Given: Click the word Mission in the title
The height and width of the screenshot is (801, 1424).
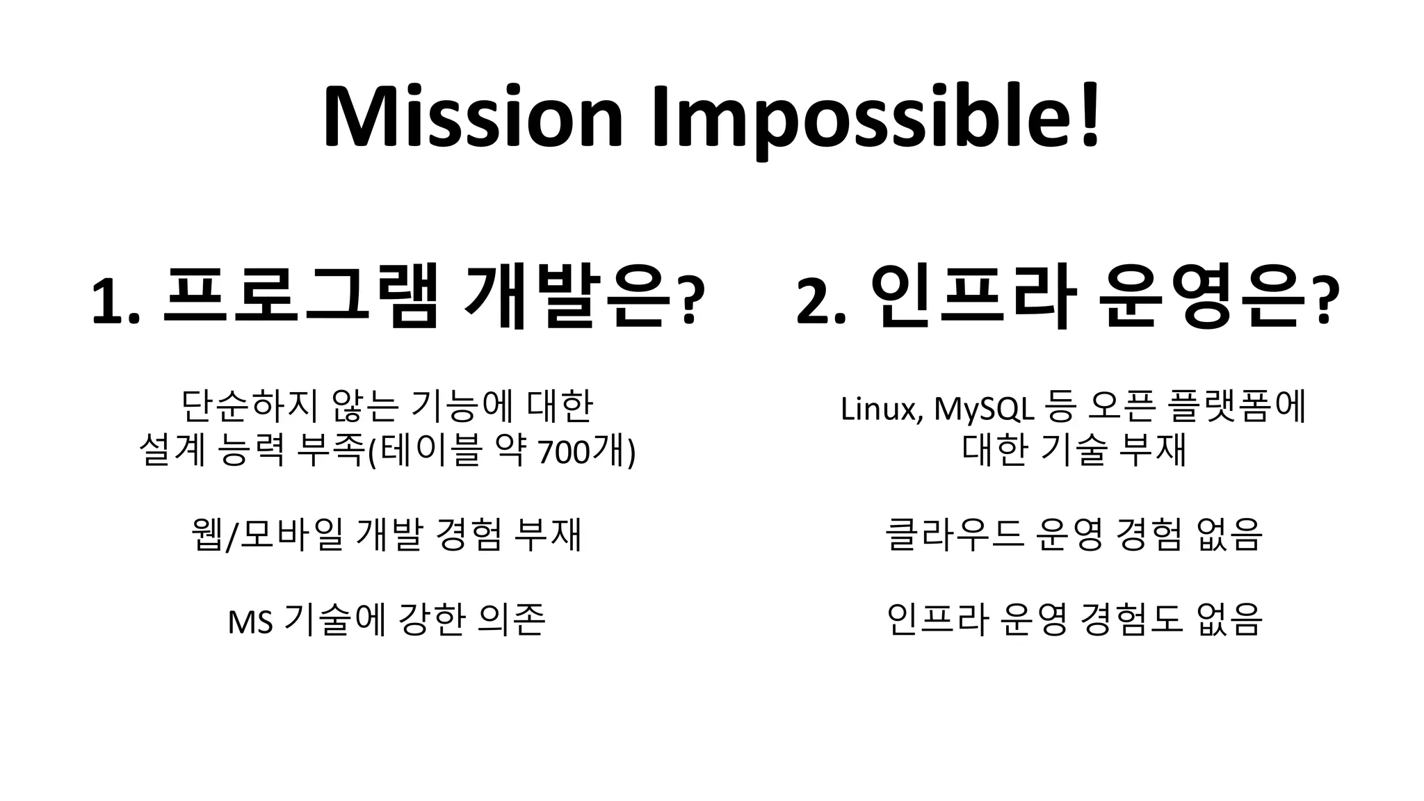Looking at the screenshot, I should click(472, 116).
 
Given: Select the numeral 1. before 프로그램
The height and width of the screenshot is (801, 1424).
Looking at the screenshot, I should click(115, 301).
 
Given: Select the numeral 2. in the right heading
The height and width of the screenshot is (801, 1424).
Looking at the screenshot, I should click(821, 301).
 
